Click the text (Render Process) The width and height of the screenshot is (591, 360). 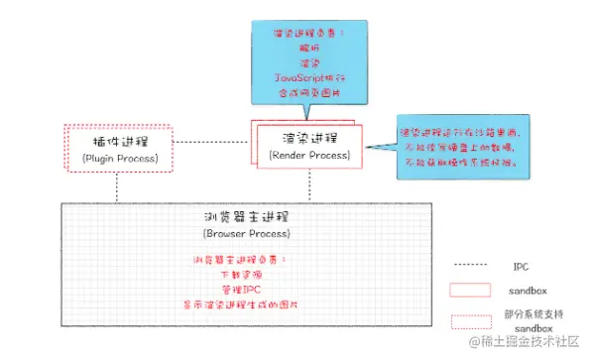(x=309, y=155)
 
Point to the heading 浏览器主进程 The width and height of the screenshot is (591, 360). (x=245, y=217)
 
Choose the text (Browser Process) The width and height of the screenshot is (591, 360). (x=245, y=235)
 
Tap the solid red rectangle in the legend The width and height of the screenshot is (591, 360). (x=470, y=291)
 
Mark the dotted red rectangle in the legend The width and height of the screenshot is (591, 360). (x=470, y=319)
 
